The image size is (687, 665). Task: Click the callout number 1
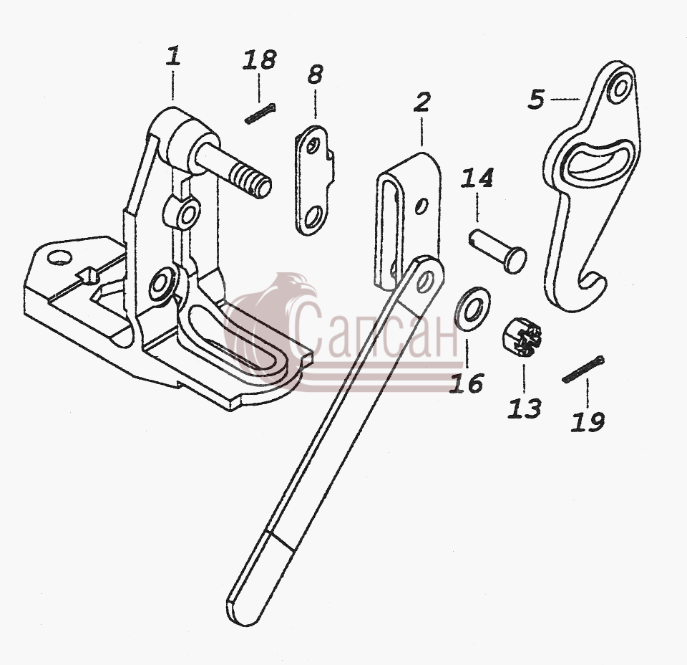[173, 57]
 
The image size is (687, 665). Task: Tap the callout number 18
[259, 61]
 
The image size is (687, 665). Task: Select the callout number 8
[315, 75]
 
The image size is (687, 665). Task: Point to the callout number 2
[422, 102]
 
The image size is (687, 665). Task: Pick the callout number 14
[477, 178]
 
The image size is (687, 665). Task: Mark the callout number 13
[525, 408]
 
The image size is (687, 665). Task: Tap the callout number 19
[588, 421]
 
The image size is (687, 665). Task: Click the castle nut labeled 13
[522, 336]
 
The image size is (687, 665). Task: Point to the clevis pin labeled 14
[498, 252]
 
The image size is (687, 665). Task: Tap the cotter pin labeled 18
[260, 113]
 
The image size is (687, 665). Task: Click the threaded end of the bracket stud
[251, 181]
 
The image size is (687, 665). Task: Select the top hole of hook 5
[620, 87]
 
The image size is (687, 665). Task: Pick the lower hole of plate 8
[313, 218]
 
